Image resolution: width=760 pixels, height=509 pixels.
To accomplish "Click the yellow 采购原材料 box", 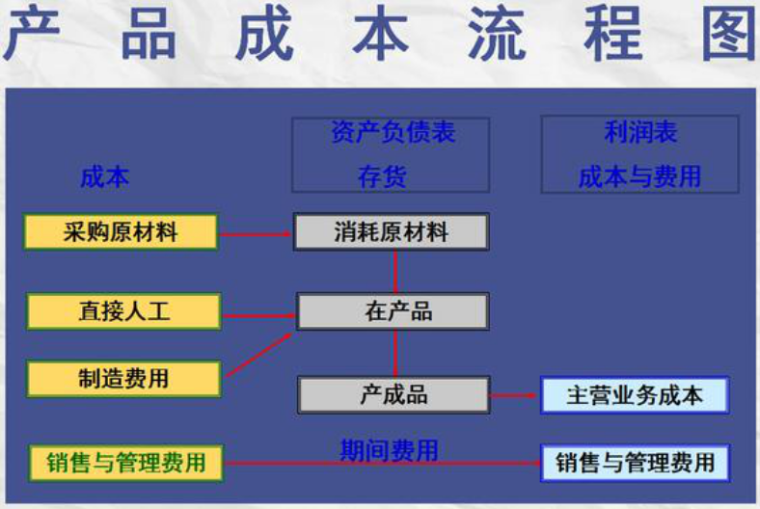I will point(121,232).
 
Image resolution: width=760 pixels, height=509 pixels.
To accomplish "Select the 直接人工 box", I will point(123,312).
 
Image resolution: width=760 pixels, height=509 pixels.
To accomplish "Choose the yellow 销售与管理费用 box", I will point(125,463).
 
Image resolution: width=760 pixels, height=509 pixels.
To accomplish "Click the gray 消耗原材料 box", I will point(392,232).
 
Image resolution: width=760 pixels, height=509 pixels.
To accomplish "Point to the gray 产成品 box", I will point(394,395).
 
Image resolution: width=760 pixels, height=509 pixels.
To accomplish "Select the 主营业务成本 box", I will point(634,395).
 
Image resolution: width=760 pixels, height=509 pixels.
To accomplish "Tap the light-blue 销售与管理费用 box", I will point(634,463).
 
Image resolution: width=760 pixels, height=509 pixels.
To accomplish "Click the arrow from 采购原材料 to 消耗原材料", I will point(257,233).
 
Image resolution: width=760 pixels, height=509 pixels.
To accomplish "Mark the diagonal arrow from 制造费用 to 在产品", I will point(258,354).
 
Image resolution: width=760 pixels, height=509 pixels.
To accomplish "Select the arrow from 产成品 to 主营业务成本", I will point(515,395).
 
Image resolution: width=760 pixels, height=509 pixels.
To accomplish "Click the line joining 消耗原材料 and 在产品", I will point(395,272).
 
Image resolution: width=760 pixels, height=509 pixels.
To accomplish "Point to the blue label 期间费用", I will point(389,450).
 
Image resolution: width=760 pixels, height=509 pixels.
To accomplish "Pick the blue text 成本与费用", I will point(639,176).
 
